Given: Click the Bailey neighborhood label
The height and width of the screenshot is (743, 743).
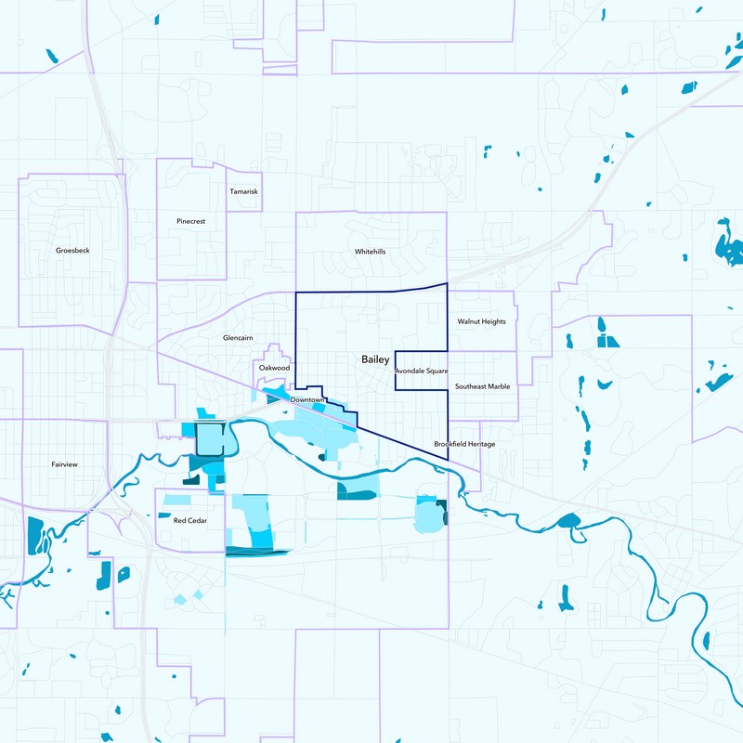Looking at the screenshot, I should (375, 358).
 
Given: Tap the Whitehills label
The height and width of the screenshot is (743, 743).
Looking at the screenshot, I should (370, 252).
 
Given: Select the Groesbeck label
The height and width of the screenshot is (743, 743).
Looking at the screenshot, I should (72, 251).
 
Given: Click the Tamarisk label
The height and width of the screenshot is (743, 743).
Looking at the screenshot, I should (243, 191).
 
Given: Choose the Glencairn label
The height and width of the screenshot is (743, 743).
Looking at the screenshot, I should (239, 338).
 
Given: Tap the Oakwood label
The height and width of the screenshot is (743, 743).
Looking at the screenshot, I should (274, 368).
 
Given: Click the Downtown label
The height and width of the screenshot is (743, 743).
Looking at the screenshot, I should (306, 399).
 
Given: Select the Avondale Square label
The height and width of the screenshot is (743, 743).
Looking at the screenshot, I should (422, 371).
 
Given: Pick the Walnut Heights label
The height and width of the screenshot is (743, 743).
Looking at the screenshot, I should (481, 321).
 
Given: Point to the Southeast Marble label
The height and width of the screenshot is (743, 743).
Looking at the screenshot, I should (482, 385).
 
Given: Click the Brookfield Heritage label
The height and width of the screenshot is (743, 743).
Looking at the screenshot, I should (464, 444).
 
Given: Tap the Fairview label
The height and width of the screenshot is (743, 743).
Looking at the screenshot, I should (65, 463).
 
